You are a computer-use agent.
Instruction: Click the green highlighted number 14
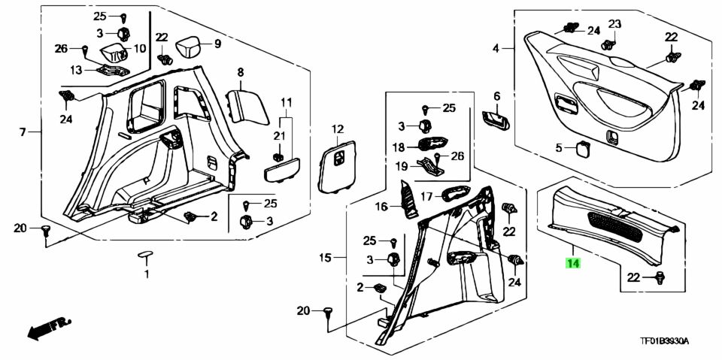point(573,263)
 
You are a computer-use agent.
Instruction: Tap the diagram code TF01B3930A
point(664,341)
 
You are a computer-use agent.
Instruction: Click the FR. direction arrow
point(49,328)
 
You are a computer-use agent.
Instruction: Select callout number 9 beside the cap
point(217,44)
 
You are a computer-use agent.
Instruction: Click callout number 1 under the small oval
point(147,275)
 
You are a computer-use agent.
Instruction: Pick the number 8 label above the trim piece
point(241,72)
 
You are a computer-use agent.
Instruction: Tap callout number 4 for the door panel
point(496,48)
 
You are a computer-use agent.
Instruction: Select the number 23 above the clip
point(615,24)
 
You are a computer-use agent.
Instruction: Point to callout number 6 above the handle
point(496,96)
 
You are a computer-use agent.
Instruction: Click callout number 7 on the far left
point(23,132)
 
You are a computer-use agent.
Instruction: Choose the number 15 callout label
point(325,258)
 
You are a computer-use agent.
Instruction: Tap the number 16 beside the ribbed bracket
point(381,207)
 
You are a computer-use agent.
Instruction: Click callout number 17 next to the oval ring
point(427,197)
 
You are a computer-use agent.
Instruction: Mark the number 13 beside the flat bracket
point(76,70)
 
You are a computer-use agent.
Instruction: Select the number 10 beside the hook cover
point(139,48)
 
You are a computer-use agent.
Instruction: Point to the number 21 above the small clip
point(280,135)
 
